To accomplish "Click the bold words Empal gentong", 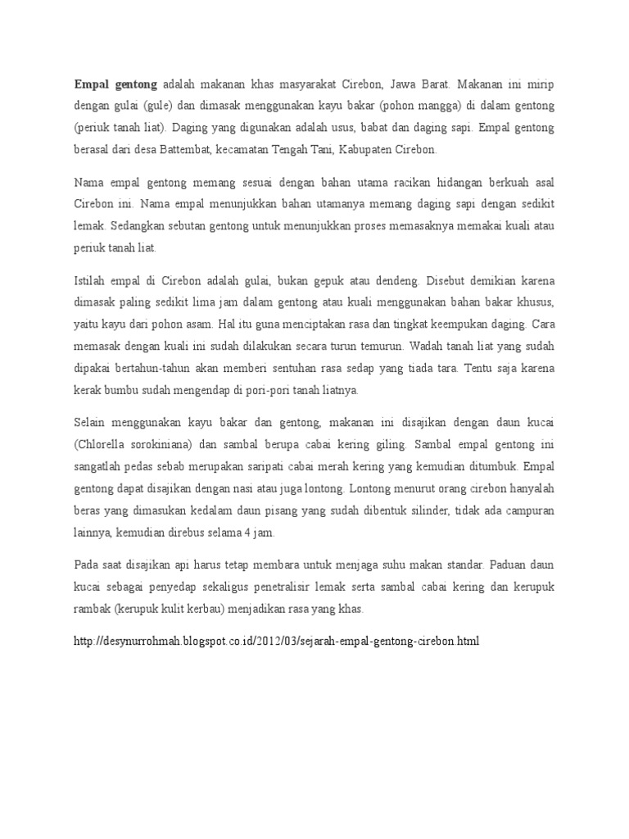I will tap(115, 84).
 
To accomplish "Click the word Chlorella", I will tap(107, 444).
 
